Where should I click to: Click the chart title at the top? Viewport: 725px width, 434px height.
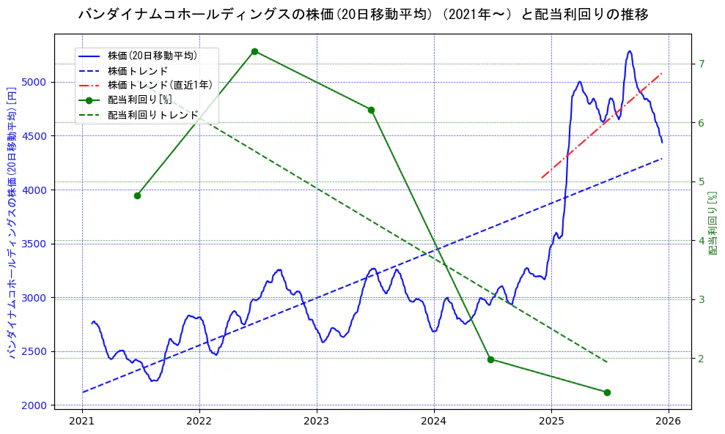tap(362, 15)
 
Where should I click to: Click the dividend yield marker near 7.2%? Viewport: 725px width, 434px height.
tap(254, 51)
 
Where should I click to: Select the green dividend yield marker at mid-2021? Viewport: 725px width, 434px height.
tap(137, 195)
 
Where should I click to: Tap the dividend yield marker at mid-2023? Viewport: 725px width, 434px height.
tap(371, 110)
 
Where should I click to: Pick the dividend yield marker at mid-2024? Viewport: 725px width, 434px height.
tap(490, 359)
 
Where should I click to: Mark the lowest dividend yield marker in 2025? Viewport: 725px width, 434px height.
tap(607, 392)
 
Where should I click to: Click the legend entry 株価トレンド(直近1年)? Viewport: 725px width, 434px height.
tap(160, 85)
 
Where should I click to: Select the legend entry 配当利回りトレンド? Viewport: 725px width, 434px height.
tap(153, 115)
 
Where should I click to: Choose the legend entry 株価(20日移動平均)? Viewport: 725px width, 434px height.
tap(152, 55)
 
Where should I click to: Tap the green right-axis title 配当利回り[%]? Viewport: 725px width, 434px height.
tap(713, 224)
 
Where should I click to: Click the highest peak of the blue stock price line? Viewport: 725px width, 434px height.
tap(630, 51)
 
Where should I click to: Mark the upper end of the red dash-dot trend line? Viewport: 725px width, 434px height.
tap(662, 73)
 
